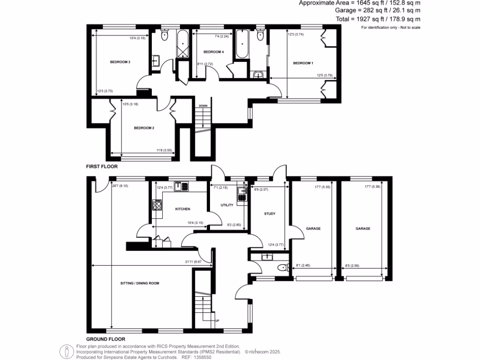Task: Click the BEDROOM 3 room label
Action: tap(120, 62)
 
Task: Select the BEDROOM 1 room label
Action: tap(303, 63)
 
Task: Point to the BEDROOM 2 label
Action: tap(144, 127)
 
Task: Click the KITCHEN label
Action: tap(182, 209)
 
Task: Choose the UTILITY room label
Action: tap(227, 205)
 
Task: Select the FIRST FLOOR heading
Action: tap(102, 166)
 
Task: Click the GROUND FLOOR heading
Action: tap(105, 338)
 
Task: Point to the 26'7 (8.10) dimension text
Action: tap(120, 186)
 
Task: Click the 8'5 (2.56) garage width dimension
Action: tap(351, 266)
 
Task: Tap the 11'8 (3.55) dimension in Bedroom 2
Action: tap(164, 150)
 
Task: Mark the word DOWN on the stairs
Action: tap(203, 105)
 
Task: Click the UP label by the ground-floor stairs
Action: tap(217, 321)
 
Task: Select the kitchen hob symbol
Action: tap(157, 204)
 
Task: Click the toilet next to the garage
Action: tap(282, 268)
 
